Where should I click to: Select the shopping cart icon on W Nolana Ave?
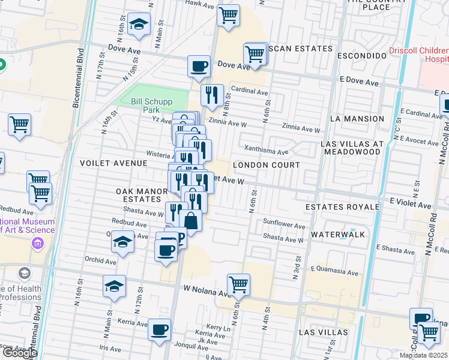point(238,284)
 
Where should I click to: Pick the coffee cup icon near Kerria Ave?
point(159,329)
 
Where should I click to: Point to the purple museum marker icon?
point(38,243)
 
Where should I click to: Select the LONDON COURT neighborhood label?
point(265,164)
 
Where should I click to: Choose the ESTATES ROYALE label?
point(342,207)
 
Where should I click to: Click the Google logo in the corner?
point(19,353)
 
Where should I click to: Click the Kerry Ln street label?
point(218,328)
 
